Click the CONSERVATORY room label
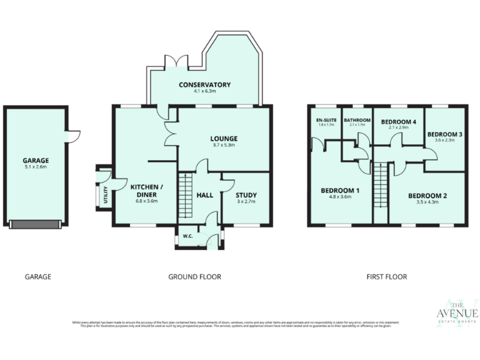pos(204,84)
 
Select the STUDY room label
pos(246,195)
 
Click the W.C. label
pos(186,236)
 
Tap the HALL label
pos(205,195)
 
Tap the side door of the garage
pos(72,134)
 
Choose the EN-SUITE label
pos(326,119)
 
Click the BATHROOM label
pos(357,119)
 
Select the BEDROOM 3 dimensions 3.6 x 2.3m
pos(444,141)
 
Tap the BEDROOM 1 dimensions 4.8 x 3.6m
pos(340,197)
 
